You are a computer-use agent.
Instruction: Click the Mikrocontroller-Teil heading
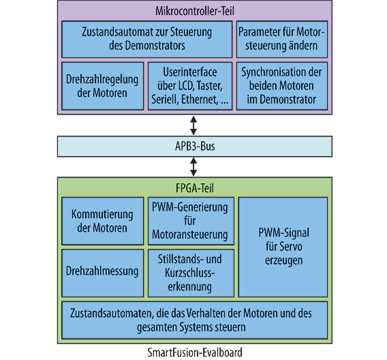pos(193,10)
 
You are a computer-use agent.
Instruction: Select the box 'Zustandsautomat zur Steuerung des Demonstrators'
pos(146,40)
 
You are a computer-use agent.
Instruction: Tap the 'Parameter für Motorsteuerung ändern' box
pos(282,40)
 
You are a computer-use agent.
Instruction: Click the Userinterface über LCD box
pos(191,86)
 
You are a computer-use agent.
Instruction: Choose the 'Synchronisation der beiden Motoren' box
pos(282,86)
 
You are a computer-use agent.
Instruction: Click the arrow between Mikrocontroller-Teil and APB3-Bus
pos(193,125)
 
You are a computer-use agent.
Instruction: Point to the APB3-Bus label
pos(193,147)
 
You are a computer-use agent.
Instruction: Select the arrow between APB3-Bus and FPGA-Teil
pos(193,166)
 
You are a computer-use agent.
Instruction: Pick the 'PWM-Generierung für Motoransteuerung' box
pos(191,220)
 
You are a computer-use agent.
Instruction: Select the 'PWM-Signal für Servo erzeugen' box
pos(282,246)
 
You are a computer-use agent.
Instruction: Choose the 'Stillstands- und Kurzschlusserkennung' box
pos(191,271)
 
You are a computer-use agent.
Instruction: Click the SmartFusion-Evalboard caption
pos(193,352)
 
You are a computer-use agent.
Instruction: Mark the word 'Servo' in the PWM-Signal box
pos(281,246)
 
